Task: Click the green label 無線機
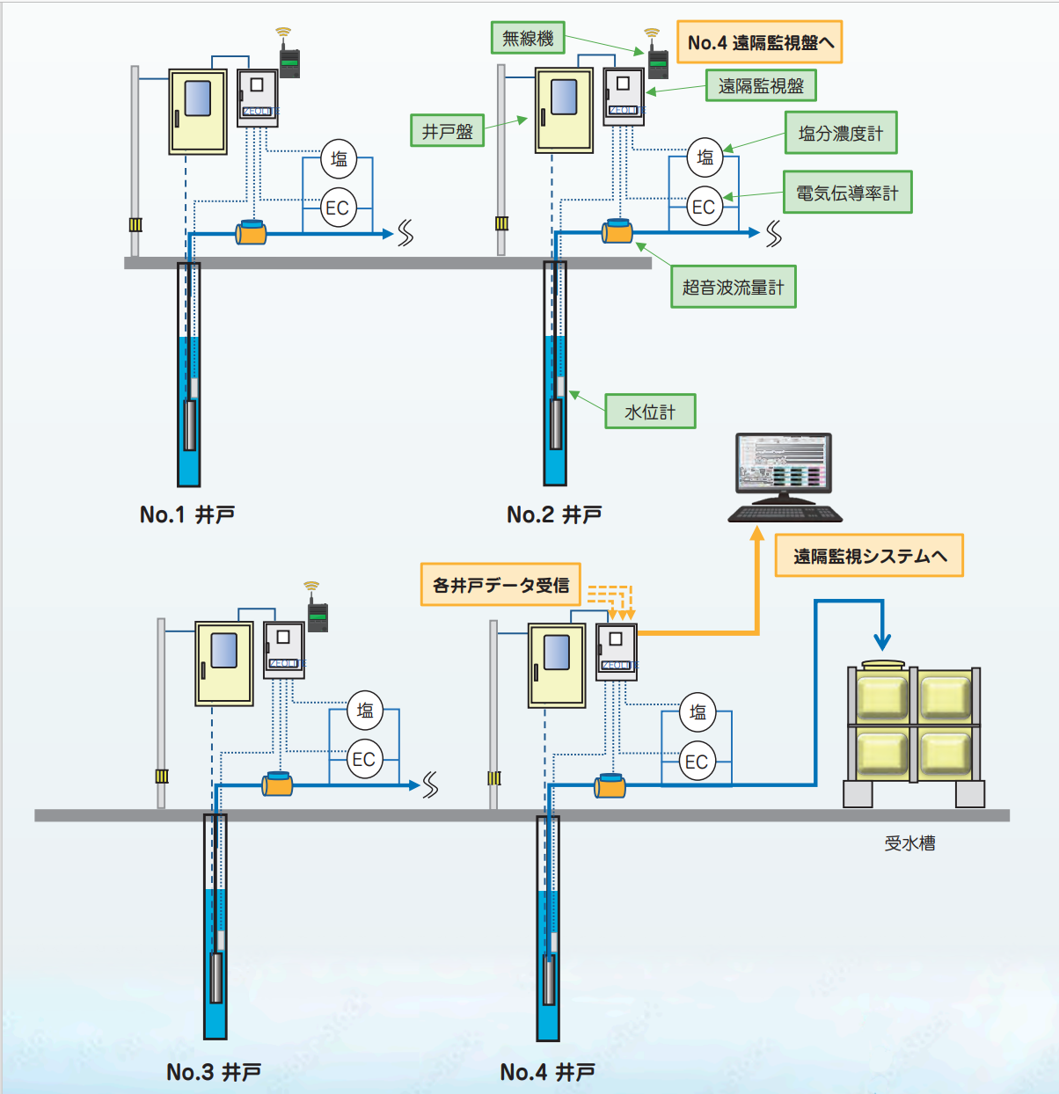point(528,38)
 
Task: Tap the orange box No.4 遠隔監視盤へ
point(760,42)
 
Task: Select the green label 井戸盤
point(447,131)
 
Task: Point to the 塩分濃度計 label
point(841,133)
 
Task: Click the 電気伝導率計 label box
point(847,193)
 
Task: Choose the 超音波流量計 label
point(733,287)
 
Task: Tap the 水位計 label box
point(650,412)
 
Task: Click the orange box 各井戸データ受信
point(500,585)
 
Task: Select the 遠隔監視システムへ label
point(869,556)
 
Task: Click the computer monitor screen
point(783,463)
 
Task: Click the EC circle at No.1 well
point(338,208)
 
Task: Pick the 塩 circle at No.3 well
point(365,710)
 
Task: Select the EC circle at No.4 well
point(697,762)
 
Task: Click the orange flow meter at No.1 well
point(252,233)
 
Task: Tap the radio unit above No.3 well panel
point(318,616)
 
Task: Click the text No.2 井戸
point(554,514)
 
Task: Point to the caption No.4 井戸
point(547,1072)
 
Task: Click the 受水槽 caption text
point(909,843)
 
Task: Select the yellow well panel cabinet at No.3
point(223,663)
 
